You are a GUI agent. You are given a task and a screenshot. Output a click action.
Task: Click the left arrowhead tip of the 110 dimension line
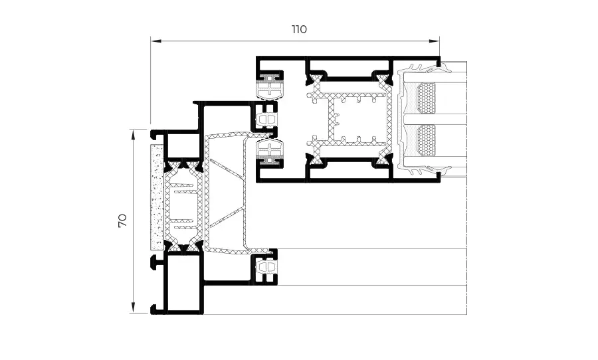pyautogui.click(x=151, y=41)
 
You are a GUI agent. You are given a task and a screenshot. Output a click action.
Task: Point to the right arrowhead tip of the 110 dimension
pyautogui.click(x=439, y=41)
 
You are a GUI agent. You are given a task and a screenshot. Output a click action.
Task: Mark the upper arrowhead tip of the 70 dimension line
pyautogui.click(x=133, y=130)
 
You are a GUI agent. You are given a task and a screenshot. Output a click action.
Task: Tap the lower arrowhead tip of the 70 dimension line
pyautogui.click(x=133, y=313)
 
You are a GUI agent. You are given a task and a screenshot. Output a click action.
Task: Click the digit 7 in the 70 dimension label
pyautogui.click(x=122, y=225)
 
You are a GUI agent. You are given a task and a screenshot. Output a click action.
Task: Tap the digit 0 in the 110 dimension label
pyautogui.click(x=302, y=29)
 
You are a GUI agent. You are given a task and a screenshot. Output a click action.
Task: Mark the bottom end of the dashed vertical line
pyautogui.click(x=467, y=314)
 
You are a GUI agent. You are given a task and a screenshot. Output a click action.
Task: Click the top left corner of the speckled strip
pyautogui.click(x=151, y=145)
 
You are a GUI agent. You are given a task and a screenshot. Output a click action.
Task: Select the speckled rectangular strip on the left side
pyautogui.click(x=157, y=197)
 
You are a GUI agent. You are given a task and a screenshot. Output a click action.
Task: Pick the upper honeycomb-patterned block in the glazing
pyautogui.click(x=426, y=98)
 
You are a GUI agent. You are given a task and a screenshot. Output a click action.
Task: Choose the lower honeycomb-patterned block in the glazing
pyautogui.click(x=426, y=140)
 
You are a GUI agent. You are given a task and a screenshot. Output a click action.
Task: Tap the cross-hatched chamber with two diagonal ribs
pyautogui.click(x=226, y=193)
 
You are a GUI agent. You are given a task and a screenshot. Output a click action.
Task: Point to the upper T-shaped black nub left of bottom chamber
pyautogui.click(x=157, y=262)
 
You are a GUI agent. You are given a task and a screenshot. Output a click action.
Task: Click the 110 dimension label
pyautogui.click(x=300, y=29)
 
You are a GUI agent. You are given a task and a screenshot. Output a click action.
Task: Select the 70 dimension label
pyautogui.click(x=122, y=221)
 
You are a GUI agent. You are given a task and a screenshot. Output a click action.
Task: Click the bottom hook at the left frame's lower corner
pyautogui.click(x=157, y=310)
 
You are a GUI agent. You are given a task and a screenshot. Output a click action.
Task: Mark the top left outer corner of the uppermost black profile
pyautogui.click(x=256, y=56)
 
